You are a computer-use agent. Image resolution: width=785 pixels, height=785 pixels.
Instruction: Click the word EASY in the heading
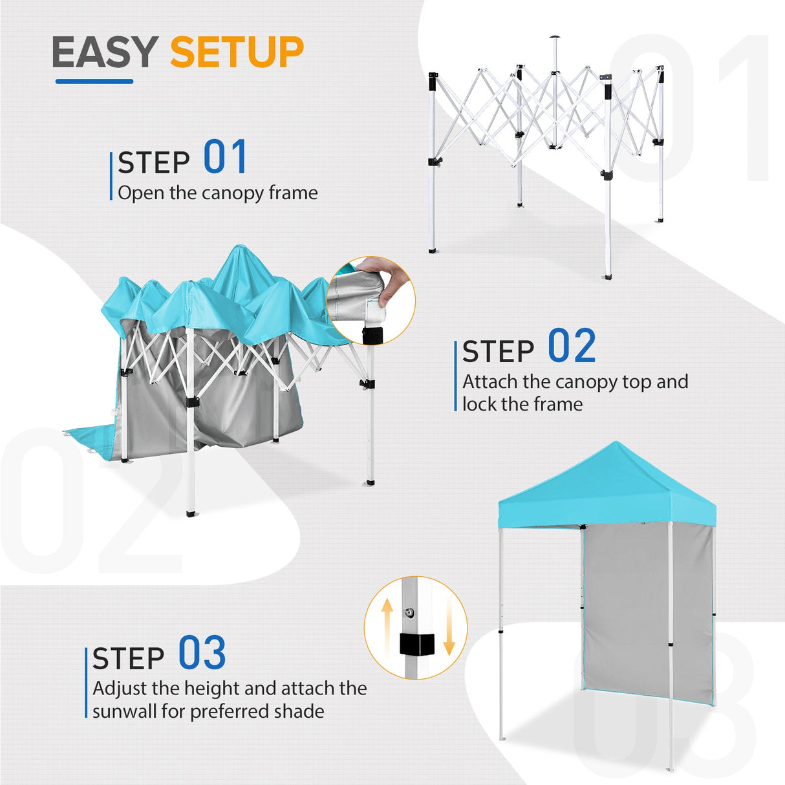pos(105,52)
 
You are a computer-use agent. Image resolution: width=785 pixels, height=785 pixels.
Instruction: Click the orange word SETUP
pos(237,52)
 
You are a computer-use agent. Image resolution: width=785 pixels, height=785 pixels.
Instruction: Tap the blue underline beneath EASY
pos(94,81)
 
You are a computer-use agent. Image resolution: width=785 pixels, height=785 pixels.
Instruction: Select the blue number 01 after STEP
pos(225,157)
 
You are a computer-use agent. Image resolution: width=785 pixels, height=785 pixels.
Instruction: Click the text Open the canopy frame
pos(218,193)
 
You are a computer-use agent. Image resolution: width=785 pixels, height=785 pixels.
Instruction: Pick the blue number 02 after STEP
pos(572,346)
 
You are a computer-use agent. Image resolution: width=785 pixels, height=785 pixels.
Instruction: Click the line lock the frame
pos(522,404)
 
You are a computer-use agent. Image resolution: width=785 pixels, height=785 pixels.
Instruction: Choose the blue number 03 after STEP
pos(202,653)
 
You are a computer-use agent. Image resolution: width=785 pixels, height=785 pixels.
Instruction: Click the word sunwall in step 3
pos(124,711)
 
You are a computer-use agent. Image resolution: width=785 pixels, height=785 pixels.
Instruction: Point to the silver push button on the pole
pos(409,612)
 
